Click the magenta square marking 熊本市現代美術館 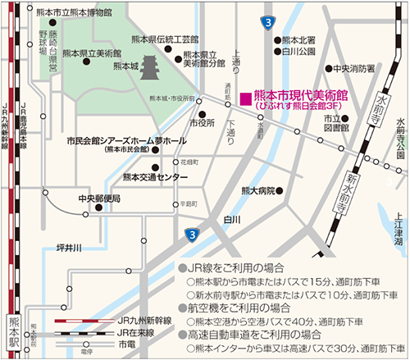(x=244, y=97)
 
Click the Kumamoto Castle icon (x=150, y=69)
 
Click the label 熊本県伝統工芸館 (x=165, y=39)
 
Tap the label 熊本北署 (x=298, y=39)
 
